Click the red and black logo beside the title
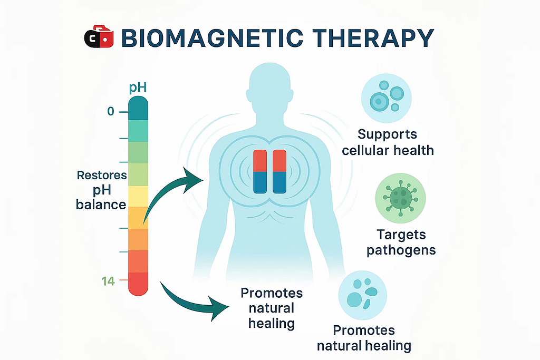pyautogui.click(x=99, y=38)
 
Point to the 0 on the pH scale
pyautogui.click(x=110, y=112)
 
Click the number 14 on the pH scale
pyautogui.click(x=108, y=281)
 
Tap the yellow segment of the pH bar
pyautogui.click(x=138, y=196)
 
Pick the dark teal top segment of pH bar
pyautogui.click(x=138, y=108)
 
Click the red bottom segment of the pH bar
pyautogui.click(x=138, y=284)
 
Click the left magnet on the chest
pyautogui.click(x=261, y=172)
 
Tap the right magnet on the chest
pyautogui.click(x=279, y=172)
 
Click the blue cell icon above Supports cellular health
pyautogui.click(x=386, y=98)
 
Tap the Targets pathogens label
pyautogui.click(x=401, y=241)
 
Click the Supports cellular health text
pyautogui.click(x=388, y=142)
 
